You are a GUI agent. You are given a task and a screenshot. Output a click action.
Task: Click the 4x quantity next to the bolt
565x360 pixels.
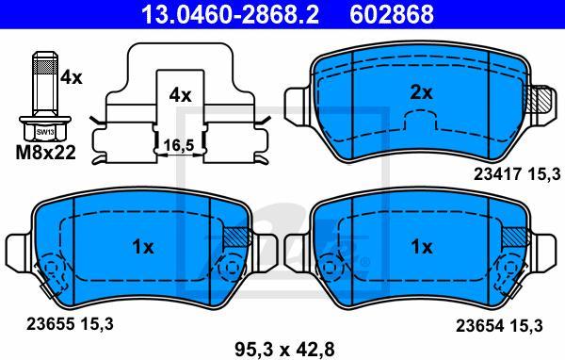71,78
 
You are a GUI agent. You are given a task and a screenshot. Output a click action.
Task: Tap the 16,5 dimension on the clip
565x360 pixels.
179,144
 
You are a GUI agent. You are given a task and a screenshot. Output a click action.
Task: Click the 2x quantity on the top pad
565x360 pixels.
422,92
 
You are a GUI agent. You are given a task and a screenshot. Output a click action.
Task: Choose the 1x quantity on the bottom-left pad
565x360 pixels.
142,247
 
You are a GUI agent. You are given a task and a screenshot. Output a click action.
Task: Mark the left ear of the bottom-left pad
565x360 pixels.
16,250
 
